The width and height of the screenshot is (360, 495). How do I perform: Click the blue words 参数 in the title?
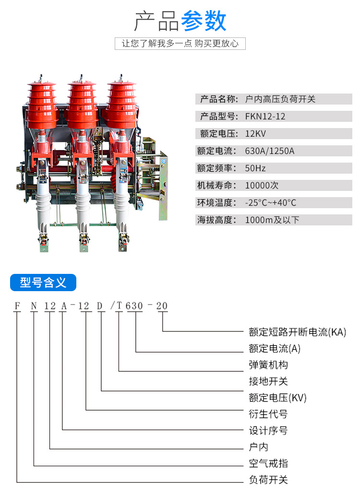pos(204,21)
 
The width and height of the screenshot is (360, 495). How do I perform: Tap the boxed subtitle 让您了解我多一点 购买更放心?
pos(180,43)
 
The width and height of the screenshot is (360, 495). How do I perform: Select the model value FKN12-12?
pos(265,117)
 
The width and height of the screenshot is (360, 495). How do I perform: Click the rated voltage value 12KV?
pos(255,134)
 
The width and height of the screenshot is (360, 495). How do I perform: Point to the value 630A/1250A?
pos(270,151)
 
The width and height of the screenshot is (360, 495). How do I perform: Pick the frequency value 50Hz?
pos(255,168)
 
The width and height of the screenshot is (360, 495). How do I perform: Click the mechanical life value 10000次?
pos(262,185)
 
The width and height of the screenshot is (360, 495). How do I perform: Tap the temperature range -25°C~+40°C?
pos(271,203)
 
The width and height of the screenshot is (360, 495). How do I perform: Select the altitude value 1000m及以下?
pos(272,220)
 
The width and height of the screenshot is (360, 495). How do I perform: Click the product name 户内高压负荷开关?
pos(280,99)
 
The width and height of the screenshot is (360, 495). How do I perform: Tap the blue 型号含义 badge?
pos(43,283)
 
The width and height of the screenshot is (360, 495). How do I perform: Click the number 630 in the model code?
pos(134,306)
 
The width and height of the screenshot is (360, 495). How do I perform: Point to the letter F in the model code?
pos(17,306)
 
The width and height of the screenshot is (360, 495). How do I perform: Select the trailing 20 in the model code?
pos(162,306)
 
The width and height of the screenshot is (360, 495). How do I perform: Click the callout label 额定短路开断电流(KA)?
pos(298,332)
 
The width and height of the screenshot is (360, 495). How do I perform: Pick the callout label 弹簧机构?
pos(268,365)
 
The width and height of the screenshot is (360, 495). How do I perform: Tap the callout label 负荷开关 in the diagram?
pos(268,480)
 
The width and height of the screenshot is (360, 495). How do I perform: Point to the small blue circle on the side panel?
pos(164,162)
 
